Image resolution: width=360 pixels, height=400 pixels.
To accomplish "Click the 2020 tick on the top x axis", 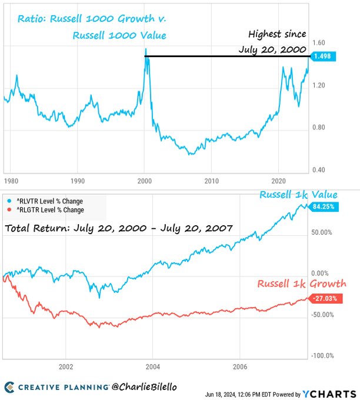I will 278,181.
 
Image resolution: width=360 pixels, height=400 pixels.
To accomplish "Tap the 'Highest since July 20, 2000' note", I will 272,42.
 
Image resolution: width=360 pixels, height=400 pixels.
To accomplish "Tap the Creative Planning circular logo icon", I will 10,386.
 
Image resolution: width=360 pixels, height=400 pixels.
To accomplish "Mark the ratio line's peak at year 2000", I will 145,49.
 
